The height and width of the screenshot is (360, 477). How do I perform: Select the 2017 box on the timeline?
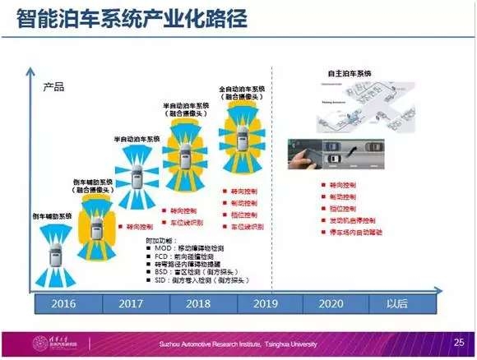(132, 303)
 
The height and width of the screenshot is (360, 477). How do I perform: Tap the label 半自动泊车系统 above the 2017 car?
(136, 141)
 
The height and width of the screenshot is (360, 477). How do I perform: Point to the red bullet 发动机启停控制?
(350, 220)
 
